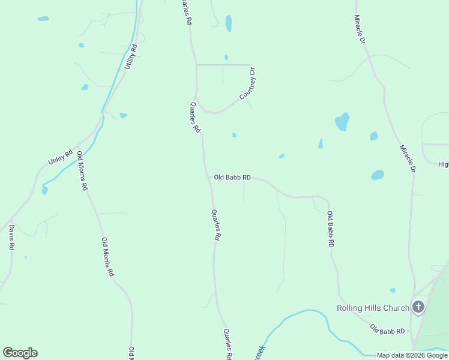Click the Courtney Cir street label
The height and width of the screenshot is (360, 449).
coord(248,84)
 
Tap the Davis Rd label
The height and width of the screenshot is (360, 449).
coord(11,237)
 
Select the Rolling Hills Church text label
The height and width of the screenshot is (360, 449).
coord(372,308)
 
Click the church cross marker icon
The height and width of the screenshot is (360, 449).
coord(418,308)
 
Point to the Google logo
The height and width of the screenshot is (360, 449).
coord(20,353)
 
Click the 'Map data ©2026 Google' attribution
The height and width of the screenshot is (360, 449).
coord(412,355)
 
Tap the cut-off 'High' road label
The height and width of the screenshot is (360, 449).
coord(443,164)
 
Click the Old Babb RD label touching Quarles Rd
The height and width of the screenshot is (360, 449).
coord(232,178)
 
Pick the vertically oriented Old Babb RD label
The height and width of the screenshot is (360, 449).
coord(330,230)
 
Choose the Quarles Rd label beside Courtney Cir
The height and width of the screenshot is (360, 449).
coord(194,117)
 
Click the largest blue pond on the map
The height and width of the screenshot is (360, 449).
coord(342,122)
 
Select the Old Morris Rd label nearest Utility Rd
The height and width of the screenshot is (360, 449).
coord(82,170)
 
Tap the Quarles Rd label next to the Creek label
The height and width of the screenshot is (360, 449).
coord(228,344)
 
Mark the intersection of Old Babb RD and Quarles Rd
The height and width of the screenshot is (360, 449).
coord(209,178)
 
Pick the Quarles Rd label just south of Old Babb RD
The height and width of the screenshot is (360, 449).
coord(216,225)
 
